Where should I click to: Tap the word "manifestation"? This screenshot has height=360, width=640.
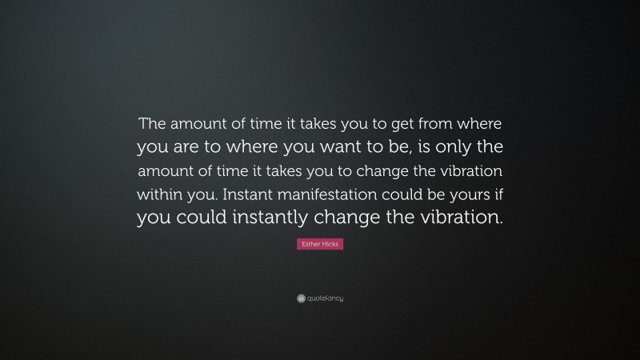(338, 194)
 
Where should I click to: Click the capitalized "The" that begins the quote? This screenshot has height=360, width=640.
(151, 124)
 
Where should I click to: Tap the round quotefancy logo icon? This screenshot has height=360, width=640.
(301, 298)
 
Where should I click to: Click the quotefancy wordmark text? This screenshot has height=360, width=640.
(325, 298)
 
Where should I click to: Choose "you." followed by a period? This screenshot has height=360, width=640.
(207, 194)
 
